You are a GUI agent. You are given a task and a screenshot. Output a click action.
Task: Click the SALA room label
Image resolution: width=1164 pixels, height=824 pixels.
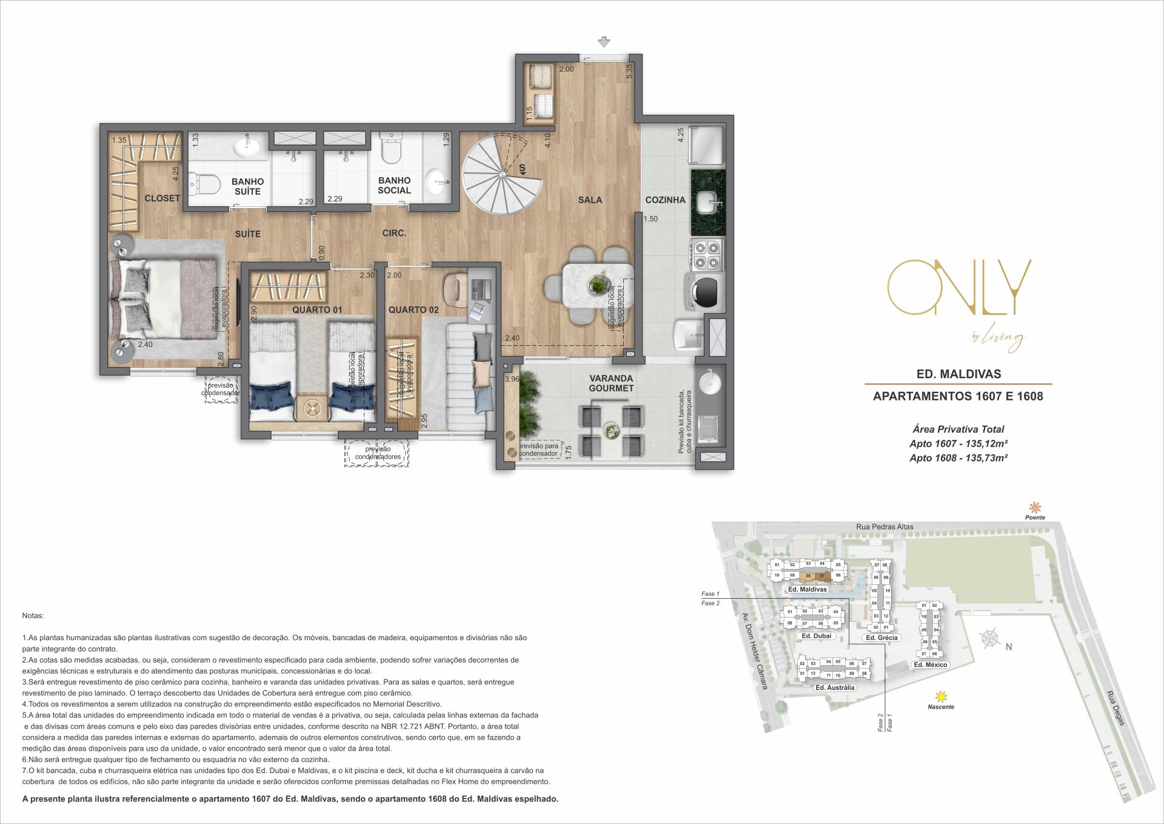pyautogui.click(x=589, y=200)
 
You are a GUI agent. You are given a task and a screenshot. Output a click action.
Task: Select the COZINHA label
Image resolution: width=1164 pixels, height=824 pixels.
pyautogui.click(x=665, y=200)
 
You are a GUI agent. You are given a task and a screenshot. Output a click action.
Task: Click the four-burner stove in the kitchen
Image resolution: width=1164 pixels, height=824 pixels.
pyautogui.click(x=707, y=255)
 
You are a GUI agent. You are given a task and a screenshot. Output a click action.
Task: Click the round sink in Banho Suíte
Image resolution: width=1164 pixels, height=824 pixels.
pyautogui.click(x=247, y=146)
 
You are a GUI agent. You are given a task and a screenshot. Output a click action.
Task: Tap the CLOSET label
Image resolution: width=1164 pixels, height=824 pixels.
pyautogui.click(x=162, y=198)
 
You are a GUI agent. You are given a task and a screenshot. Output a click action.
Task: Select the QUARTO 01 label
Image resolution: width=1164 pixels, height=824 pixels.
pyautogui.click(x=317, y=310)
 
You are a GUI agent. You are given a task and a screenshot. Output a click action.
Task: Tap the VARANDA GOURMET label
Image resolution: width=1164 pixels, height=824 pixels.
pyautogui.click(x=611, y=383)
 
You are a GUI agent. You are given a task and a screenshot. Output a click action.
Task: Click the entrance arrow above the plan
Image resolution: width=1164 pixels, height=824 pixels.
pyautogui.click(x=603, y=42)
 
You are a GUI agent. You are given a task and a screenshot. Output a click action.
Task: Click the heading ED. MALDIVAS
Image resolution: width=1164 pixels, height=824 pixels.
pyautogui.click(x=958, y=374)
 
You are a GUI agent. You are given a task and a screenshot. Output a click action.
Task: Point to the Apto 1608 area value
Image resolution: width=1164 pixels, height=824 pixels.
pyautogui.click(x=958, y=458)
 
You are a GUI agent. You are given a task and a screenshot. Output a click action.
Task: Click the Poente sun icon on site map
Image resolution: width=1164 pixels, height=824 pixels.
pyautogui.click(x=1034, y=507)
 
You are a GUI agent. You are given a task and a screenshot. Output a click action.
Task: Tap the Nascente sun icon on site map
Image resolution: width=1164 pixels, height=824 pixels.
pyautogui.click(x=940, y=697)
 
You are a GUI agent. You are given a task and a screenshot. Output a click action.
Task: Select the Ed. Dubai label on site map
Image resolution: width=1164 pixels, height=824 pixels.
pyautogui.click(x=815, y=637)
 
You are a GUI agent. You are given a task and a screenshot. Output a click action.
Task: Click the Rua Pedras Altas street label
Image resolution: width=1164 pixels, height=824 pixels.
pyautogui.click(x=886, y=527)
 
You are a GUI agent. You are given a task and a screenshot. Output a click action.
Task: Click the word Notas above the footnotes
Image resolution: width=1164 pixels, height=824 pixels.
pyautogui.click(x=33, y=615)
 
